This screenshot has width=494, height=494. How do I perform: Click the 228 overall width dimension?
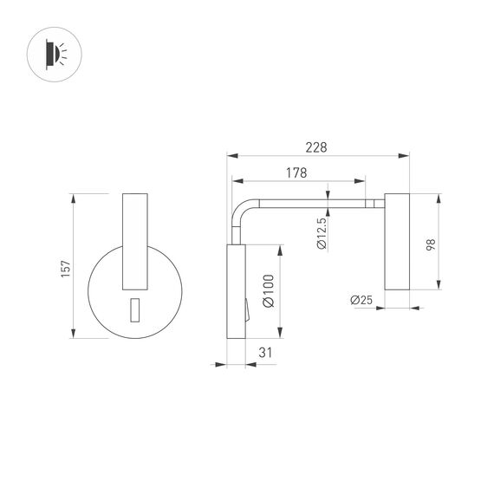tap(317, 147)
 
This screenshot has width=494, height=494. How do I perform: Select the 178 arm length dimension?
tap(296, 172)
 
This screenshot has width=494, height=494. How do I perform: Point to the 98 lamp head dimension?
tap(431, 244)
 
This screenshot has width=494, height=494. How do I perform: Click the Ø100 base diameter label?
tap(268, 291)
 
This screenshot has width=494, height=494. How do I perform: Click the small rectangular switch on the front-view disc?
tap(134, 309)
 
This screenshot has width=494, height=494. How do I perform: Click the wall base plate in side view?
tap(237, 292)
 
